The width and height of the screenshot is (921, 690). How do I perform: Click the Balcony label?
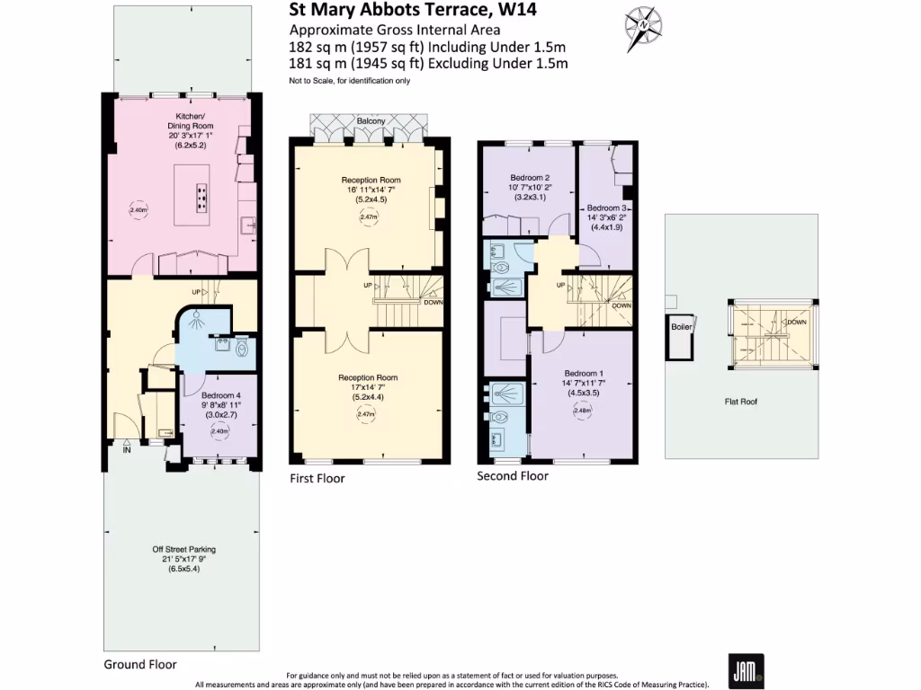click(x=371, y=120)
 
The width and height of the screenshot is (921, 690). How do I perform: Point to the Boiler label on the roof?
click(x=681, y=327)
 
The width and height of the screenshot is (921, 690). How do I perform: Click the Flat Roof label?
click(x=741, y=402)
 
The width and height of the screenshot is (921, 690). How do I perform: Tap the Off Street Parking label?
click(x=183, y=549)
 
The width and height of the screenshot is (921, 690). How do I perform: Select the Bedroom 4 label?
click(x=220, y=395)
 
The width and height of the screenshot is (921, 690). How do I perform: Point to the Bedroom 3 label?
click(x=606, y=208)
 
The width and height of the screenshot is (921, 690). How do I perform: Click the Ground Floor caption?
click(x=139, y=665)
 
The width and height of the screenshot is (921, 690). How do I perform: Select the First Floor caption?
click(x=317, y=479)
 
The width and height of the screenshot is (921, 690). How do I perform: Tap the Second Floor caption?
click(x=513, y=476)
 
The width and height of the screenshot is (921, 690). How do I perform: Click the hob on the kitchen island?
click(x=201, y=194)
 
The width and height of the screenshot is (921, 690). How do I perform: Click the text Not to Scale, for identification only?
click(x=349, y=81)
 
